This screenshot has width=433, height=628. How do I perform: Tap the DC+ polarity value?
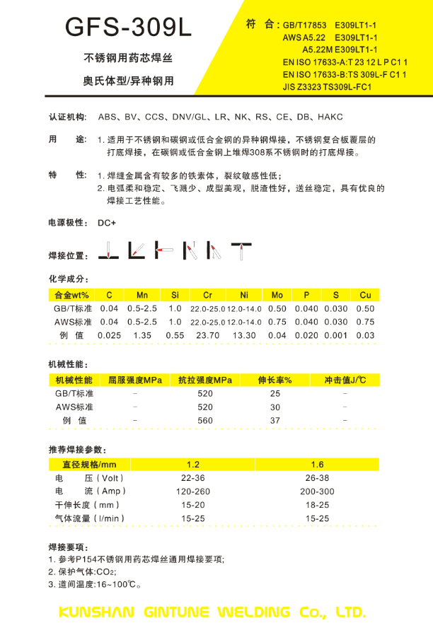[x=107, y=222]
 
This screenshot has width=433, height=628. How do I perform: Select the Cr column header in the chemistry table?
[x=207, y=295]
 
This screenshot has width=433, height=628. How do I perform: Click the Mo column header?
[x=277, y=295]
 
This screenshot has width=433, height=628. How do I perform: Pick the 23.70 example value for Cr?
[x=207, y=335]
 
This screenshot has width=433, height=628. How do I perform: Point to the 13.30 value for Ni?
[x=244, y=335]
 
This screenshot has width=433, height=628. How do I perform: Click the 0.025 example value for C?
[x=110, y=335]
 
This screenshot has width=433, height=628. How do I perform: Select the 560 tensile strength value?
[x=205, y=420]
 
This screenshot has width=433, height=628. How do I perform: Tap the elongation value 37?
[x=275, y=420]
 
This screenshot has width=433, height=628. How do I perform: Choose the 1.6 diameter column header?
[x=317, y=465]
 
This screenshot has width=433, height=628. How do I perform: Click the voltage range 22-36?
[x=193, y=478]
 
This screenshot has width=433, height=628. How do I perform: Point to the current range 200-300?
[x=317, y=492]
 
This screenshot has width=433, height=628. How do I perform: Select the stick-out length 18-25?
[x=317, y=505]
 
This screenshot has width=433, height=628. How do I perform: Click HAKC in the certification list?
[x=331, y=117]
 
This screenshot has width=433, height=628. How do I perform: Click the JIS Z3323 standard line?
[x=327, y=87]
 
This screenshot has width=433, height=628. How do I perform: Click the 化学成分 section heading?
[x=68, y=278]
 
